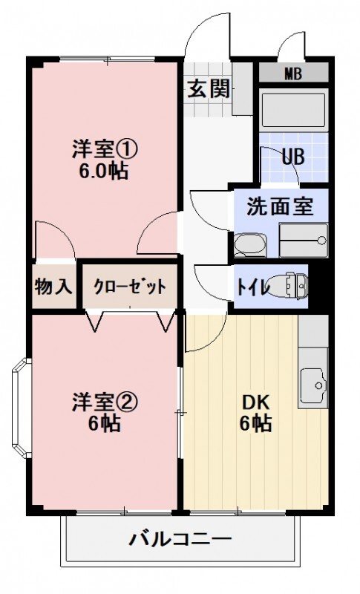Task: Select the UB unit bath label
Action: pos(292,157)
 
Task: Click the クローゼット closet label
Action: pos(129,286)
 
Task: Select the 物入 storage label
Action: pos(53,286)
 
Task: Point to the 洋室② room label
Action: pos(105,402)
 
